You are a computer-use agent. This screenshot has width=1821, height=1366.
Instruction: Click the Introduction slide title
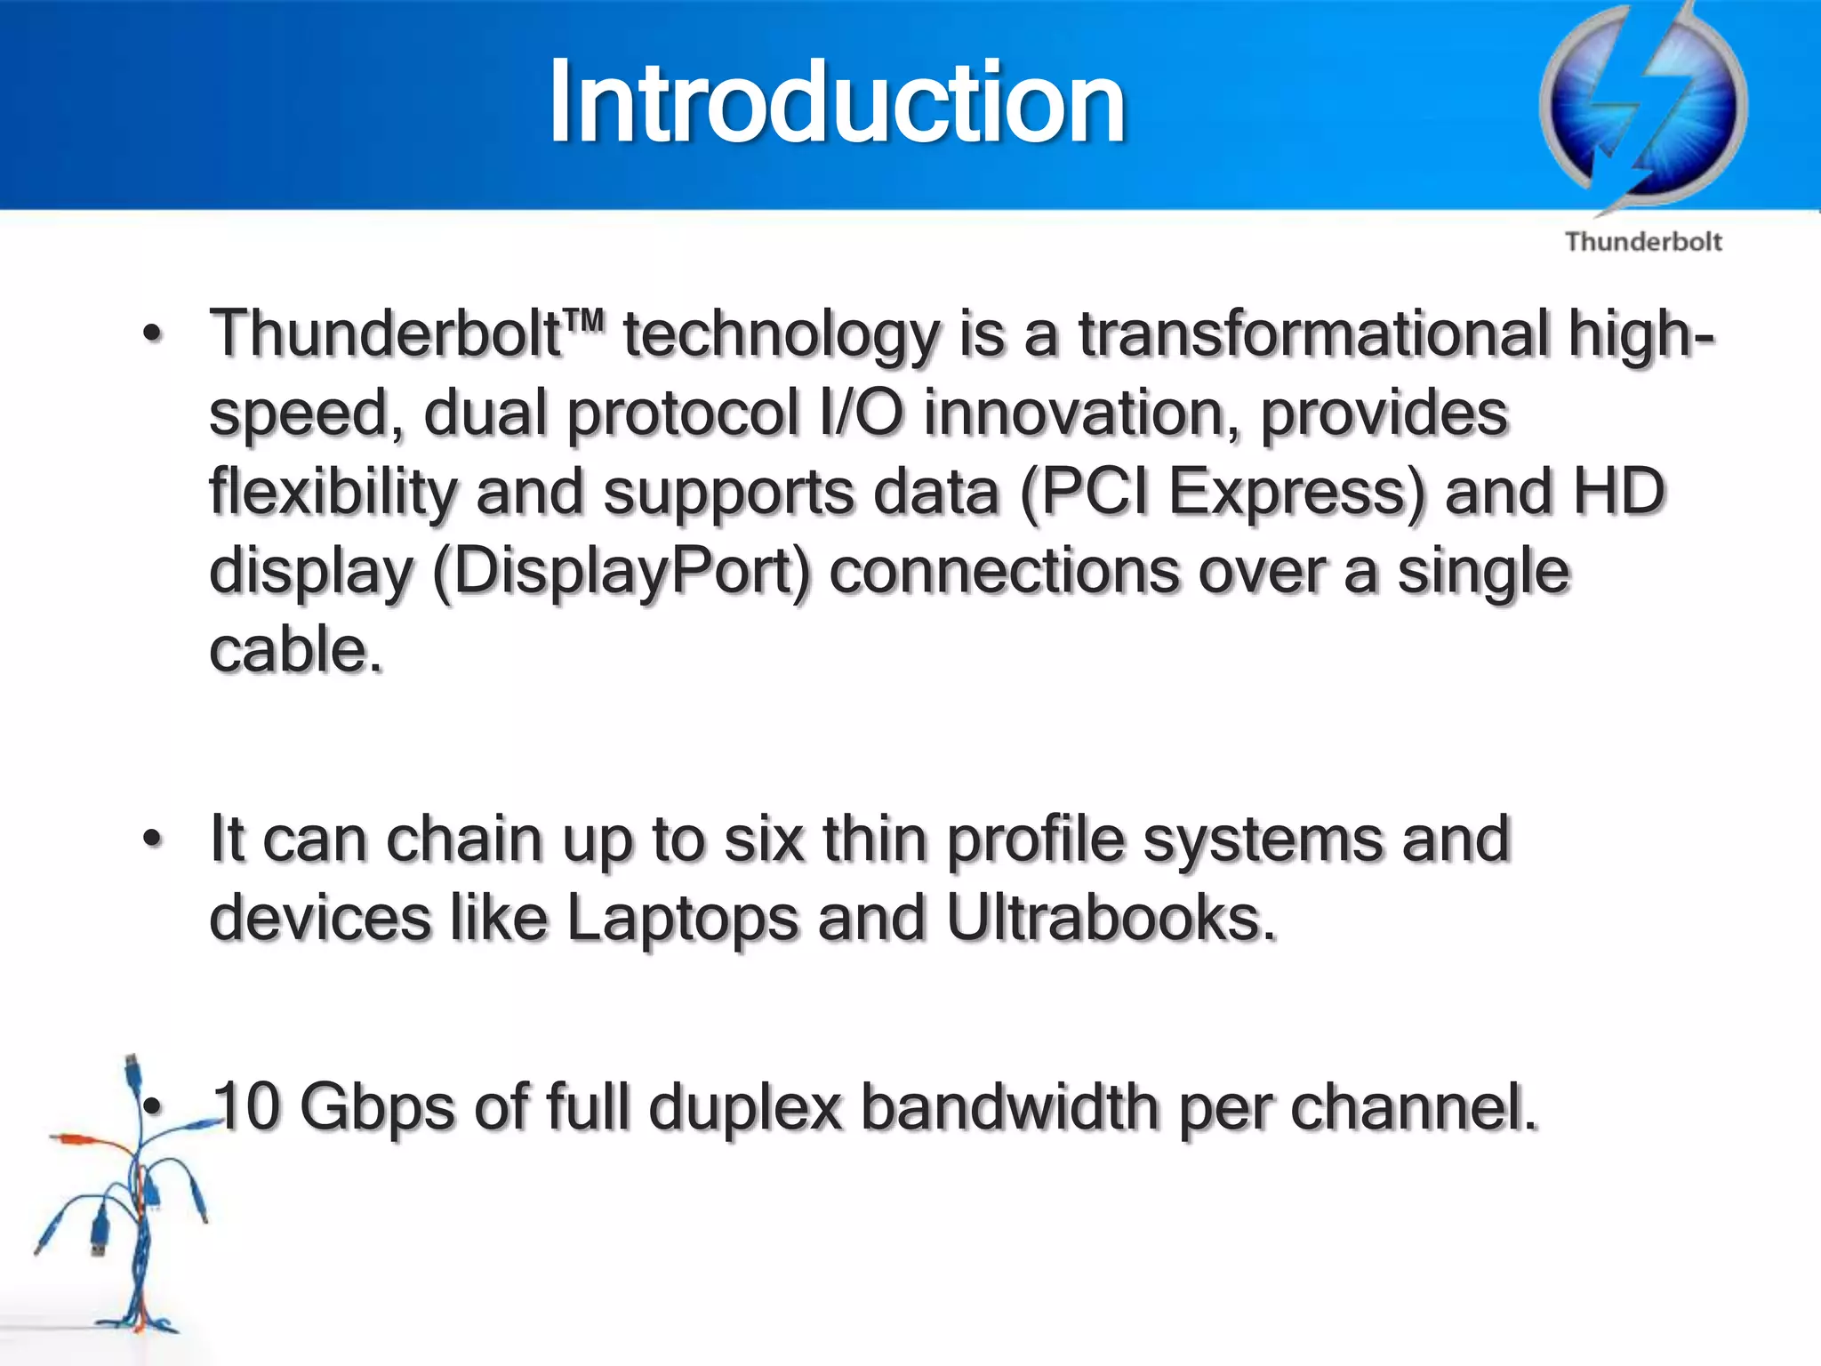tap(836, 102)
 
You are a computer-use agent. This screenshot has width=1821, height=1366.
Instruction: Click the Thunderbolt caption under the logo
tap(1643, 242)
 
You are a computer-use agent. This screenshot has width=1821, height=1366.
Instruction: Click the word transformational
tap(1313, 335)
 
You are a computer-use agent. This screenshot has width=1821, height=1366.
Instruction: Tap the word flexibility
tap(333, 494)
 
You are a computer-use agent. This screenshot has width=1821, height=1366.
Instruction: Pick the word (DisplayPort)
tap(622, 572)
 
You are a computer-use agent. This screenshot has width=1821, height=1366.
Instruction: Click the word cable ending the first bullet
tap(289, 649)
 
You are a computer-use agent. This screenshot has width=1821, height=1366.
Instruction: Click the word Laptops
tap(682, 918)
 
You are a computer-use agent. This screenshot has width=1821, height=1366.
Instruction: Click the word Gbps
tap(377, 1109)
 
